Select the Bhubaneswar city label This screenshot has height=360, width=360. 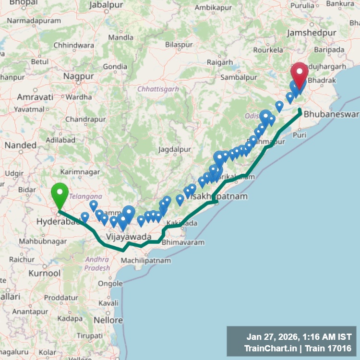[332, 114]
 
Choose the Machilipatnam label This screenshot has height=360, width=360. [146, 260]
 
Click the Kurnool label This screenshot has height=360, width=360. [45, 273]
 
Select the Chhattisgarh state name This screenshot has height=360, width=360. [158, 89]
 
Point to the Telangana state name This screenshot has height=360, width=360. [85, 196]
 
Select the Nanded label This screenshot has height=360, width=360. [20, 144]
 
